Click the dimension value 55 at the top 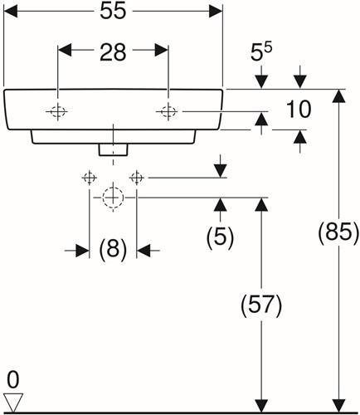tap(113, 12)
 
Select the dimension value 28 tap(113, 52)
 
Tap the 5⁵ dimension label tap(261, 51)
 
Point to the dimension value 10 tap(299, 110)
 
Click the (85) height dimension tap(338, 232)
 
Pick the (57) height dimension tap(261, 305)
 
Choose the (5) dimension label tap(220, 237)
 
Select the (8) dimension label tap(113, 249)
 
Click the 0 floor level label tap(12, 380)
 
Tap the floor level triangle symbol tap(13, 402)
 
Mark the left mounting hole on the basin tap(57, 111)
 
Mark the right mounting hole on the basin tap(168, 111)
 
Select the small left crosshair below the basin tap(90, 178)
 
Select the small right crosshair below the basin tap(137, 178)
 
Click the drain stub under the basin tap(113, 149)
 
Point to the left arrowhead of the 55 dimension tap(11, 12)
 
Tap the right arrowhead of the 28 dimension tap(162, 50)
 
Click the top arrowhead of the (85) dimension tap(339, 95)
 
